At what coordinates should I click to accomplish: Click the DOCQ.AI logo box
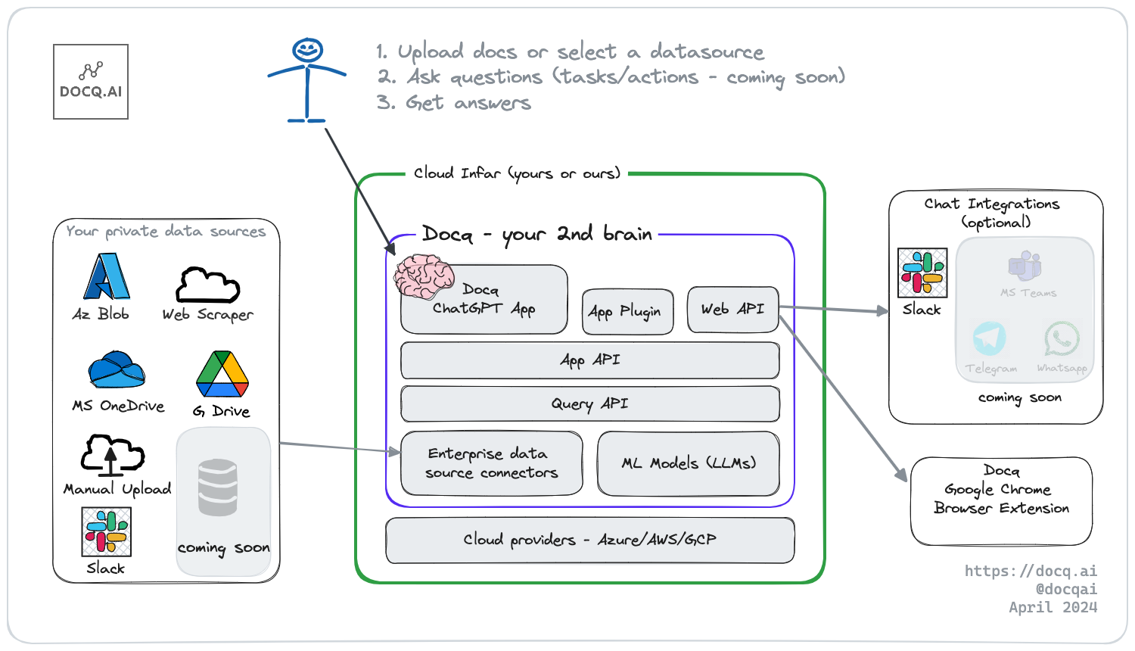91,82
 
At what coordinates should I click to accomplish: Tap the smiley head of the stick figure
307,50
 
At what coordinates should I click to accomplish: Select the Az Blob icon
107,276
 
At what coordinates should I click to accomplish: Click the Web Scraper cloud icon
208,285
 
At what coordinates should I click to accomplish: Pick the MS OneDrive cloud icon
117,369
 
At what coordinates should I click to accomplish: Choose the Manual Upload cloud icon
113,455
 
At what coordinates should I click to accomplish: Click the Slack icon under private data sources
107,532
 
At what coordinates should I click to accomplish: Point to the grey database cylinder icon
218,487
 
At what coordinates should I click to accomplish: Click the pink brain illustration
424,276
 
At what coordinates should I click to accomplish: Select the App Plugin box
628,312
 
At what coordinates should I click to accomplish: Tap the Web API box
732,310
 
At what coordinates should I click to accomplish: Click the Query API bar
589,404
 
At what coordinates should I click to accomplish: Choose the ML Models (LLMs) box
689,463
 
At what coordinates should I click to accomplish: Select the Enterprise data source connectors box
492,463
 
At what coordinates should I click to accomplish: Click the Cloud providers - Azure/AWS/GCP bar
589,540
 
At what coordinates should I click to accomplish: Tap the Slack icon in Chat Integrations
922,273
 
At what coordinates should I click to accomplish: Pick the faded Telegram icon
990,338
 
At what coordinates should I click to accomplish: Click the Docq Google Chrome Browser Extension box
1001,501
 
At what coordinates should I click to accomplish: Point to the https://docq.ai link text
1031,571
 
